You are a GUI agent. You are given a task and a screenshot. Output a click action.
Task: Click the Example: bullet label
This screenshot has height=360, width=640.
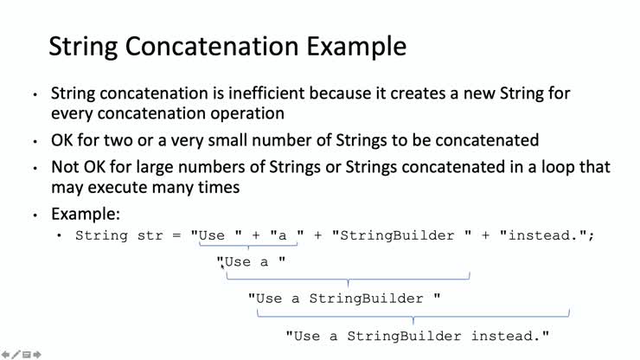[x=86, y=214]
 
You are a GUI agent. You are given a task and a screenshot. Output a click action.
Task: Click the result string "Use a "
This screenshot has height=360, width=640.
[x=251, y=262]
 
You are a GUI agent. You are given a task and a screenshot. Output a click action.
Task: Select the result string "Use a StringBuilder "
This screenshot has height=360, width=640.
[x=344, y=299]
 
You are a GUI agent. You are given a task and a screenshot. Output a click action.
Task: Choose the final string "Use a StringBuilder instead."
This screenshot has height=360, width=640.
[x=418, y=336]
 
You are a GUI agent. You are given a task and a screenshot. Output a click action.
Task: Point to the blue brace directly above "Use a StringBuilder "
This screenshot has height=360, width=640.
[x=348, y=279]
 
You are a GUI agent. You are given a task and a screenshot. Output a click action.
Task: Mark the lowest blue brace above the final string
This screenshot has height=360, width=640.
[x=413, y=316]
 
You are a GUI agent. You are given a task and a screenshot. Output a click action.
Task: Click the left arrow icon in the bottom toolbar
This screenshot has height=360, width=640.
[x=5, y=355]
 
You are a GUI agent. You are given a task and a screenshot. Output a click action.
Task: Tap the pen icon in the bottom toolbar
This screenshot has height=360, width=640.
[x=16, y=355]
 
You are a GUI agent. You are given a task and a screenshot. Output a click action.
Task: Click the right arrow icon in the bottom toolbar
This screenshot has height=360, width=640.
[x=37, y=355]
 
